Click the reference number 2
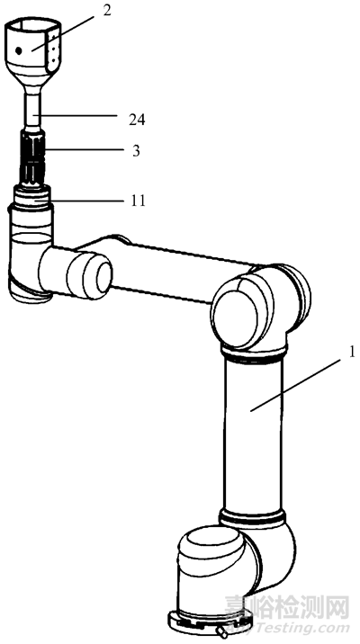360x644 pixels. pos(107,11)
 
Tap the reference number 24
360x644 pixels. pos(137,120)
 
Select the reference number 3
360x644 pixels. pos(136,151)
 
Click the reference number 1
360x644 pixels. pos(351,353)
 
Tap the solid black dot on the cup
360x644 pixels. pos(19,51)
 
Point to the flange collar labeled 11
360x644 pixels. pos(32,196)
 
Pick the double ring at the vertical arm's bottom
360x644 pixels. pos(252,516)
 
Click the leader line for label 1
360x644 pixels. pos(296,384)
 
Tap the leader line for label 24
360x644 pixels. pos(77,116)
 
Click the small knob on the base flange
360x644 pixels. pos(222,631)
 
